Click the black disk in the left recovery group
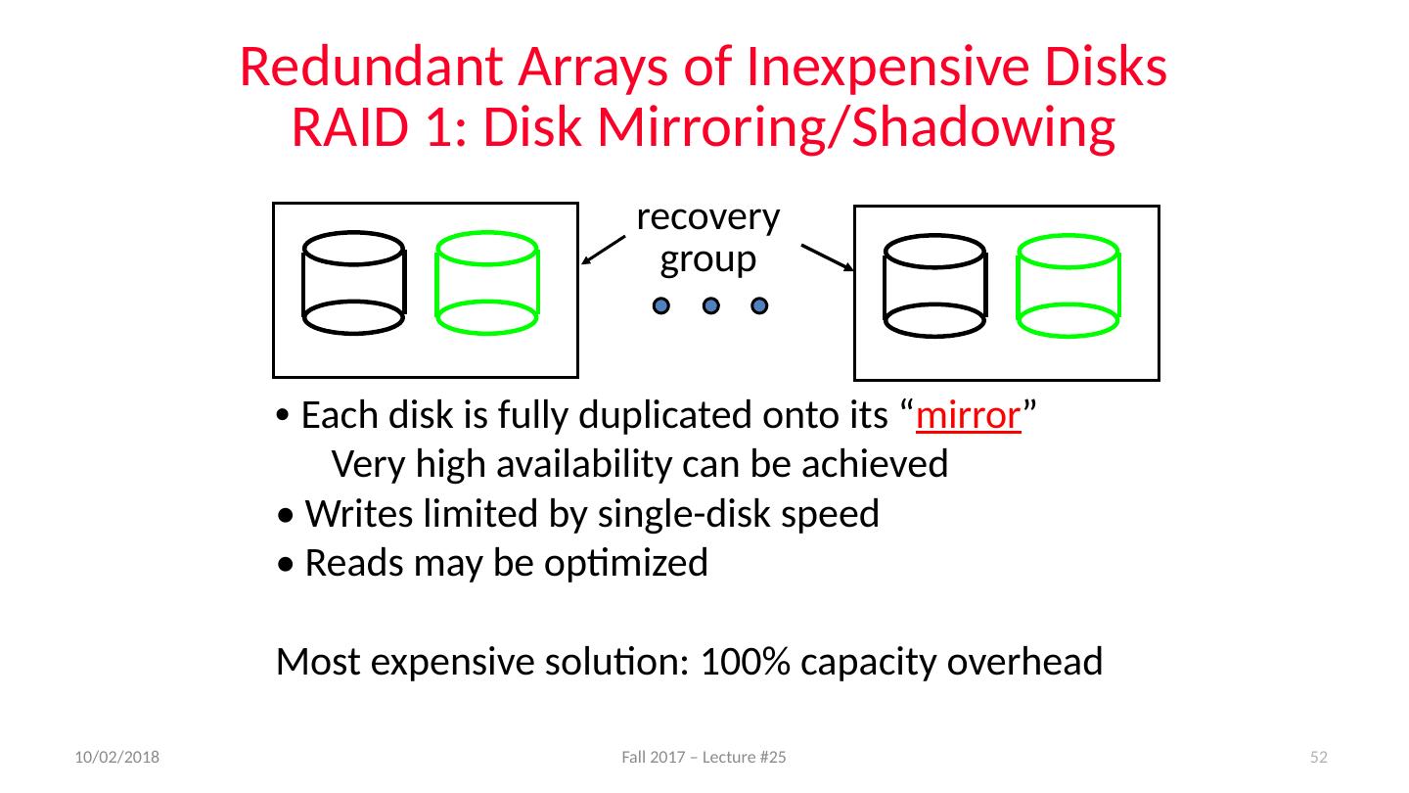[353, 283]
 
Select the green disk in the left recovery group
[486, 283]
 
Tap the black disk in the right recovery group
[934, 286]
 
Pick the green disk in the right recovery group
[1068, 286]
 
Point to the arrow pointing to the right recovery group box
[827, 257]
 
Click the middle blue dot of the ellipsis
[711, 305]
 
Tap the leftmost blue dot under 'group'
[661, 305]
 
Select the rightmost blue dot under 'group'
[759, 305]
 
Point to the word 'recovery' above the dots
[707, 217]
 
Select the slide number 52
[1318, 758]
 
